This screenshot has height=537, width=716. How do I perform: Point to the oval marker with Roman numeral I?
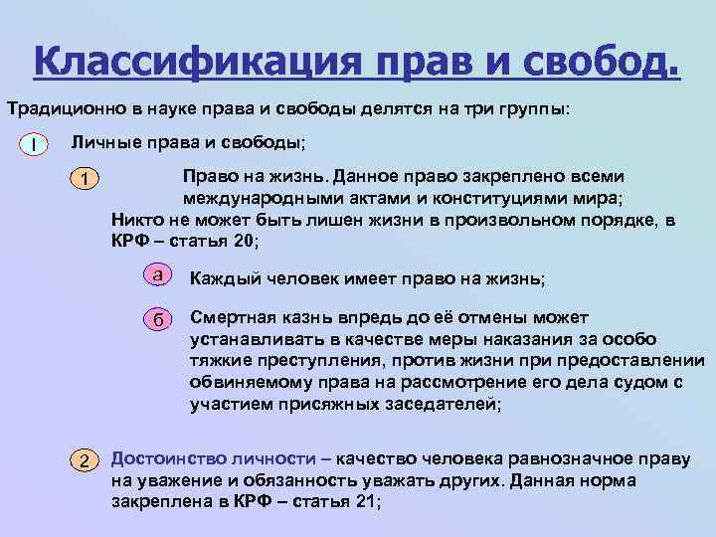tap(35, 145)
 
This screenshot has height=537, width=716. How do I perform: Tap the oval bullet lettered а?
tap(156, 272)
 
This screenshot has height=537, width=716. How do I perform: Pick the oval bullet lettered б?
tap(156, 319)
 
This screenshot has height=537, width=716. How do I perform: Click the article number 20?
tap(243, 241)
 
